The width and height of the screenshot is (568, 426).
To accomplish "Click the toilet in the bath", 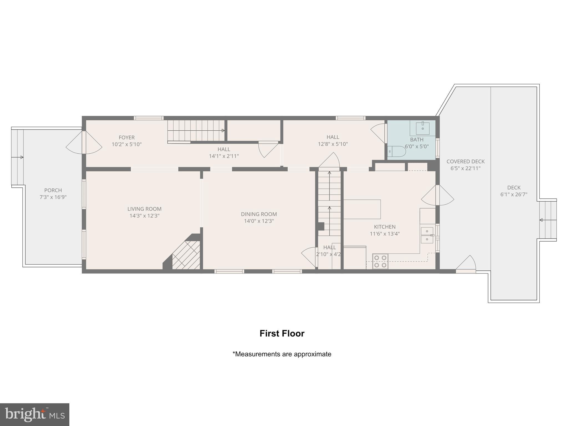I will (396, 152).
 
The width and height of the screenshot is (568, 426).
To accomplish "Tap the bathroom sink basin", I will (423, 128).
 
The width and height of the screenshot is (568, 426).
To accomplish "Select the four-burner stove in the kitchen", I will (380, 261).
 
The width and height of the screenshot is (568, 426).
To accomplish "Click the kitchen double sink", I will (427, 235).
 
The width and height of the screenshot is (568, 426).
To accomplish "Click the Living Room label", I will (144, 209).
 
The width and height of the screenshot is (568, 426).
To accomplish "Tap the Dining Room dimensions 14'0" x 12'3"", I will (259, 221).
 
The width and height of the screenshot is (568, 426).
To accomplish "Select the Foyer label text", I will (126, 137).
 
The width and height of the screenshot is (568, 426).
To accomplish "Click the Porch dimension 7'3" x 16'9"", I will (53, 197).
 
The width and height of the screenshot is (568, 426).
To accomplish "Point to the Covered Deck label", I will (465, 161).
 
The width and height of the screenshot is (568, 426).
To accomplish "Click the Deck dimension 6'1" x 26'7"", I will (514, 194).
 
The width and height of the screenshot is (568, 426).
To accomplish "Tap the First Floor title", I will (282, 333).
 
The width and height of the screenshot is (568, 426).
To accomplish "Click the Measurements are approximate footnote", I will (282, 354).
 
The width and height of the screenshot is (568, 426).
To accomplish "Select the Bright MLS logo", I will (35, 414).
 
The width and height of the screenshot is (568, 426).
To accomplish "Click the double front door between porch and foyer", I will (84, 142).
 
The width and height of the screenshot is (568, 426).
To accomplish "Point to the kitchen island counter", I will (362, 209).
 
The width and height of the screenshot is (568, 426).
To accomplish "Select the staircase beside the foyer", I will (196, 130).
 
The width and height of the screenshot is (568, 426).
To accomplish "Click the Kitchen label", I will (385, 227).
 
